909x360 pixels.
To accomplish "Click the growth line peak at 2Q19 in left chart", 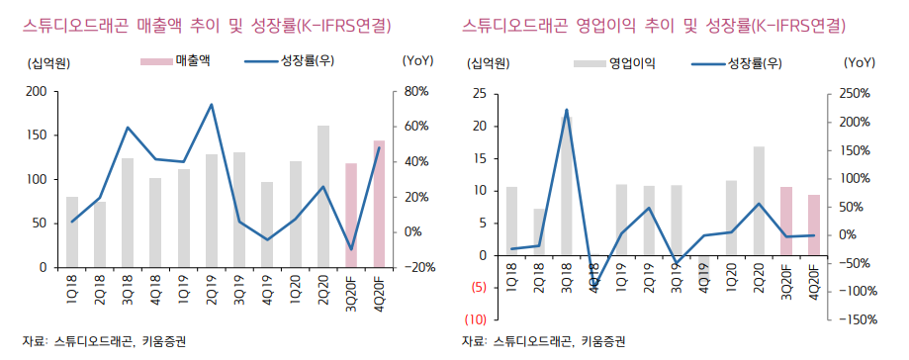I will [x=212, y=105].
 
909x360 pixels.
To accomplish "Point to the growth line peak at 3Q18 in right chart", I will [x=566, y=110].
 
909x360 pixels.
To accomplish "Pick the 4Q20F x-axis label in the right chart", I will [x=814, y=285].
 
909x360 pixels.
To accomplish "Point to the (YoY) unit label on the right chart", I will [x=860, y=62].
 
